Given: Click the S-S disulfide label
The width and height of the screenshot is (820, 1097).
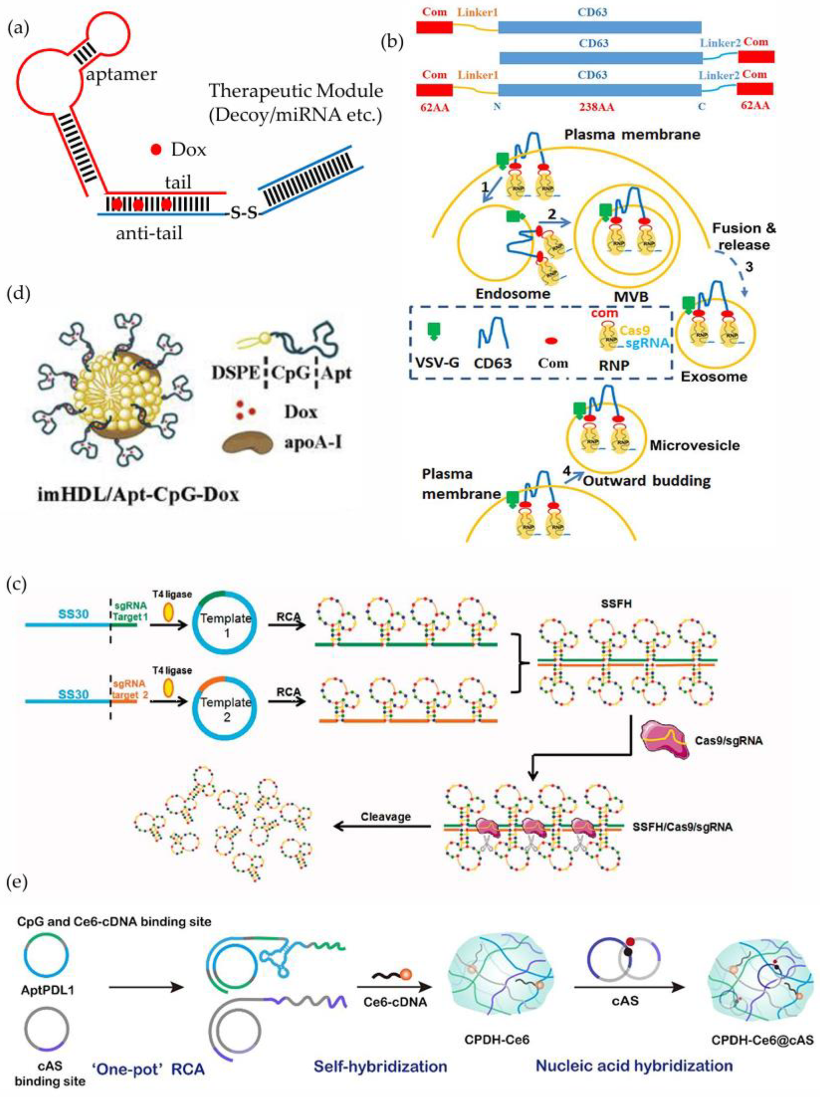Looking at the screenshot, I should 243,214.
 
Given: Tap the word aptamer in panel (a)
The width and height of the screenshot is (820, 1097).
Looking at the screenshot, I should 121,74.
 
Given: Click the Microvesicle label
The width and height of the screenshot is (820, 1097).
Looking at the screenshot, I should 695,445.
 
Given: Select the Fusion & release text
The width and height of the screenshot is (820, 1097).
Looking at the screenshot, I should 744,237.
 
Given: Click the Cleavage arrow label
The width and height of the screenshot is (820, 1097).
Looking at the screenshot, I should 386,816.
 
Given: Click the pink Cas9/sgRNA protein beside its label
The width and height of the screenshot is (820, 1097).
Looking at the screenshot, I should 664,739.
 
